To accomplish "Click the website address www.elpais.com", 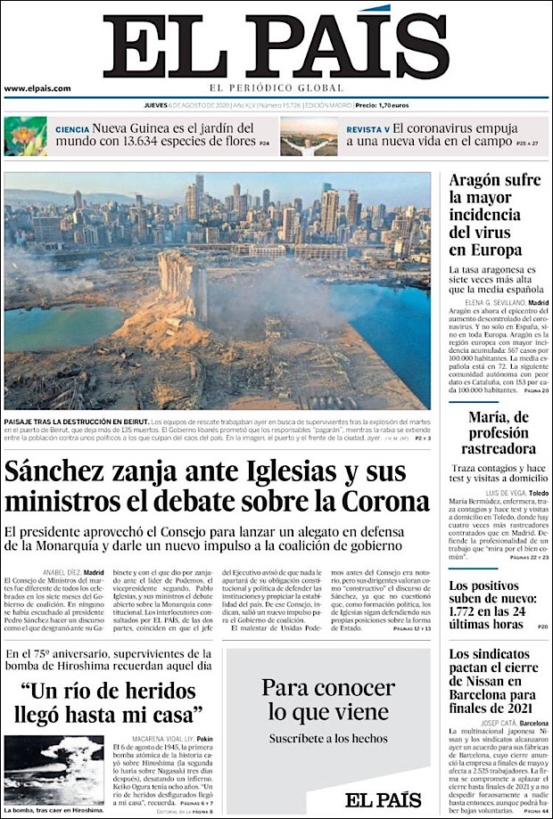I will (37, 88).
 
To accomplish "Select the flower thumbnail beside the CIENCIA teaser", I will (25, 136).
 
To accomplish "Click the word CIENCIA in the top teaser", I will (72, 129).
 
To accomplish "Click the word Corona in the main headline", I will (384, 501).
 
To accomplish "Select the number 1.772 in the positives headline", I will (473, 605).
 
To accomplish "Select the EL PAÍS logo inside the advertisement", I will (384, 799).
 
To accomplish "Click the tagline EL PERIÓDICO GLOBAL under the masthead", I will (276, 87).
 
